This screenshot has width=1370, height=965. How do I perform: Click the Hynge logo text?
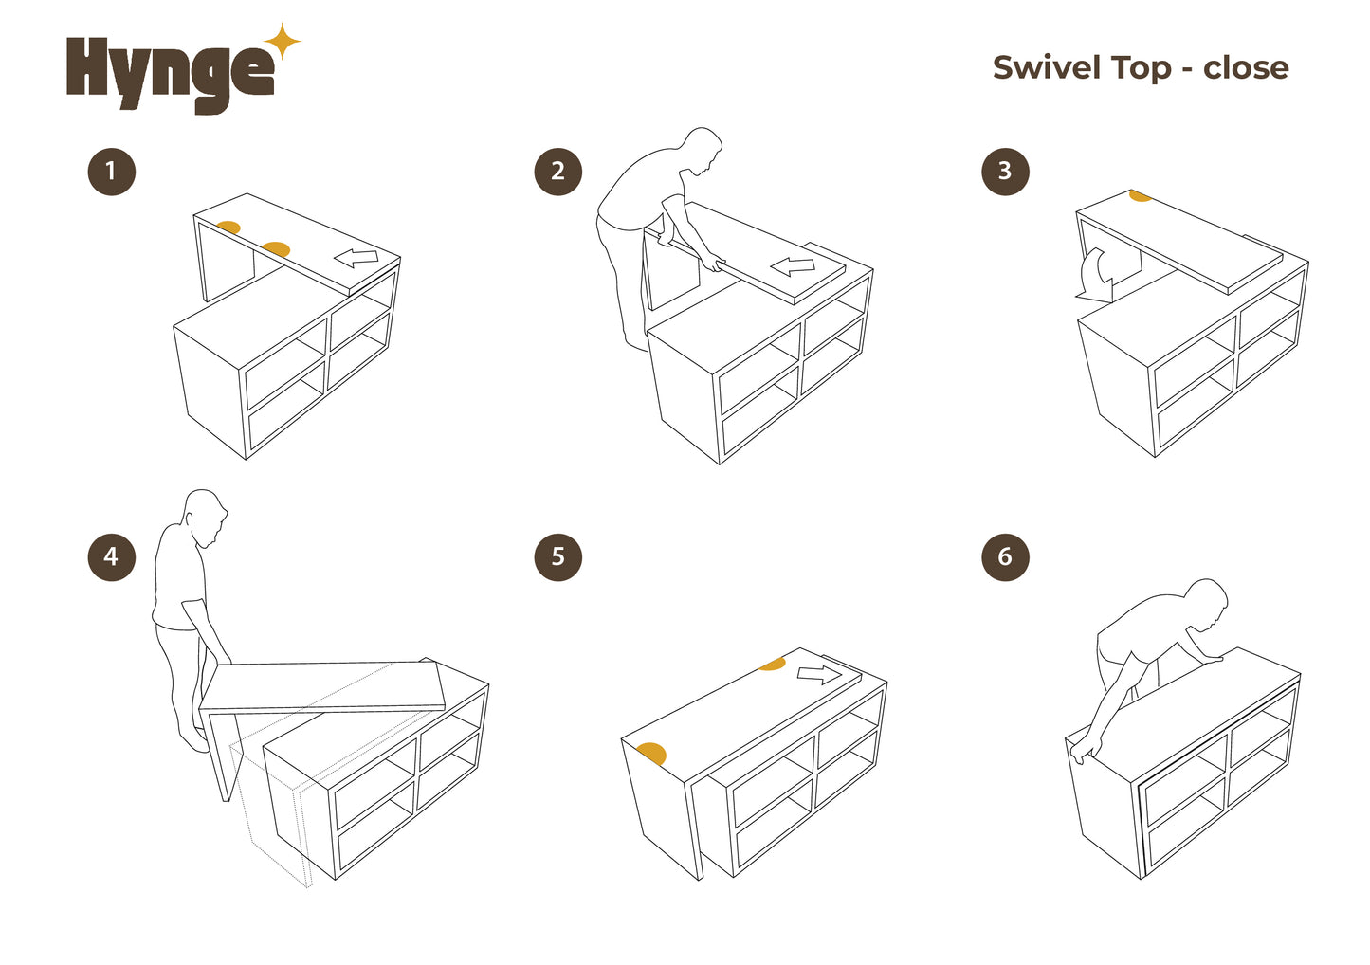(170, 75)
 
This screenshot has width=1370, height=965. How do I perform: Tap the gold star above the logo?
(282, 42)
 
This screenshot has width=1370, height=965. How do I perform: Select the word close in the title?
(1246, 68)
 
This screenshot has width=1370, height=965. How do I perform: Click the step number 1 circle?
(111, 172)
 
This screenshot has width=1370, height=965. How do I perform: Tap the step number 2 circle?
(557, 172)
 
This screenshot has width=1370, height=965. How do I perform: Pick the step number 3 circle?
(1005, 172)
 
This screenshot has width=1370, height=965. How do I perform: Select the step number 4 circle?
(111, 557)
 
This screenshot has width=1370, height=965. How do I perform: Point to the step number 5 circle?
(557, 557)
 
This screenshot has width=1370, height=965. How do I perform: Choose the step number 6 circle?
(1005, 557)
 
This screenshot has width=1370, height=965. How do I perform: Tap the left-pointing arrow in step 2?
(793, 266)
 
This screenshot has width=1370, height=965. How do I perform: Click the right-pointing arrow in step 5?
(819, 675)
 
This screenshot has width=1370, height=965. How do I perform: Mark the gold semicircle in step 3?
(1140, 195)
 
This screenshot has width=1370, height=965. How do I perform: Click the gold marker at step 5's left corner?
(651, 754)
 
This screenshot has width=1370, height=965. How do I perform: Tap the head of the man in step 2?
(703, 151)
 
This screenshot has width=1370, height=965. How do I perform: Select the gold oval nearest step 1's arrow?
(276, 249)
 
